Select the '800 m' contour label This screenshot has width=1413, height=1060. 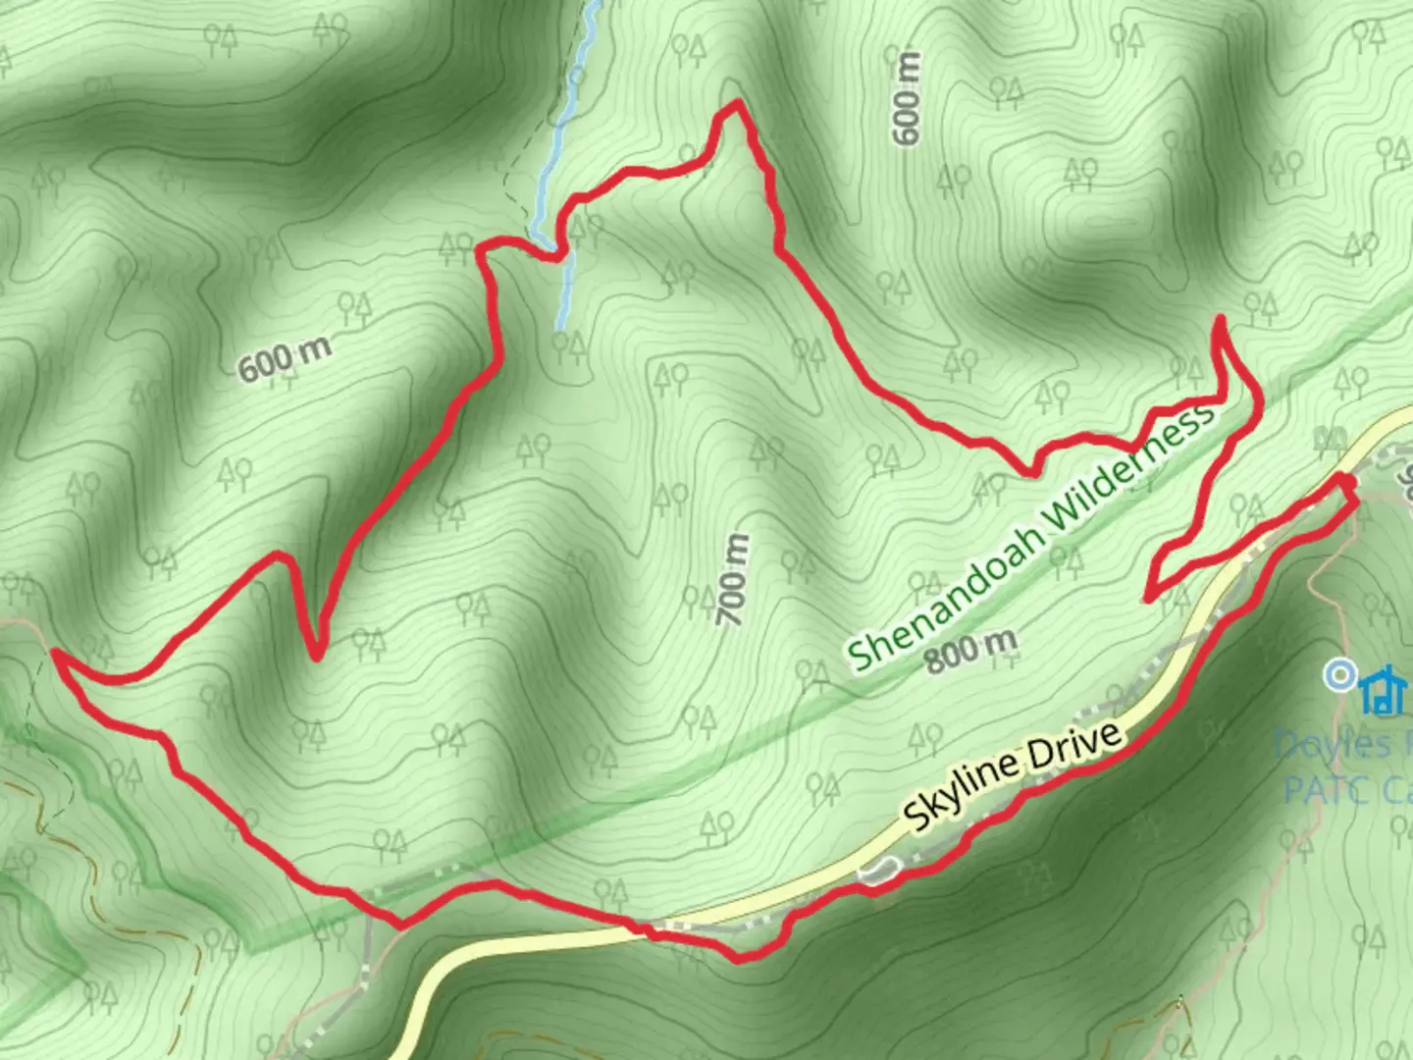(x=969, y=650)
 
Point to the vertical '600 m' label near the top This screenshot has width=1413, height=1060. (x=908, y=98)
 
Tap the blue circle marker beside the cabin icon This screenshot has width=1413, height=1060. (x=1338, y=675)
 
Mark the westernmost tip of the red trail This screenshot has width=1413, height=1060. (x=55, y=652)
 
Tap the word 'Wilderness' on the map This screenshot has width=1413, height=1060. (x=1128, y=471)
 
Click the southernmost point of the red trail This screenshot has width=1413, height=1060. (x=741, y=957)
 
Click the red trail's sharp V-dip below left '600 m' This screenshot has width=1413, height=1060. (x=316, y=656)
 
